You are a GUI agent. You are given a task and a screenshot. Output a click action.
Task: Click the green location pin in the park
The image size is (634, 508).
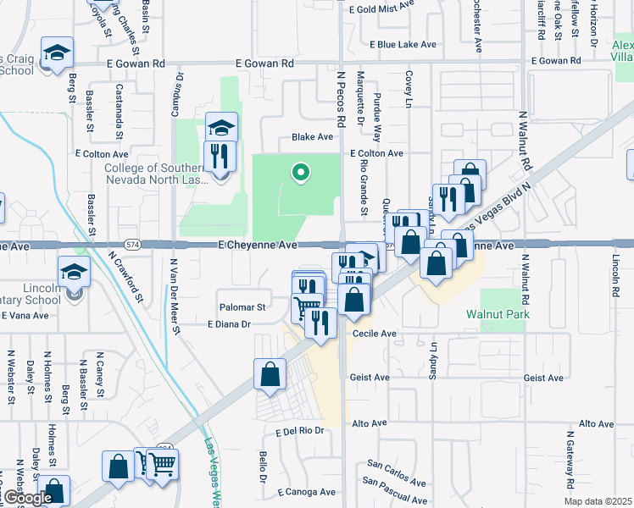pyautogui.click(x=299, y=173)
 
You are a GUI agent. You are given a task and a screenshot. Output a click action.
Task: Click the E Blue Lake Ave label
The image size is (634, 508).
pyautogui.click(x=403, y=45)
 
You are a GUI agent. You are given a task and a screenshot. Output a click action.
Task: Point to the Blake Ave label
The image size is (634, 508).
pyautogui.click(x=312, y=136)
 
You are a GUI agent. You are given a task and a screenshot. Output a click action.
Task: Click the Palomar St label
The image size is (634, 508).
pyautogui.click(x=244, y=306)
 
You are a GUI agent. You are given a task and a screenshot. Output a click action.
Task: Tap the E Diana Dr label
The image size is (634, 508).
pyautogui.click(x=230, y=324)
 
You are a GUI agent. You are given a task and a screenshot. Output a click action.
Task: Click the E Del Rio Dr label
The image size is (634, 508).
pyautogui.click(x=300, y=430)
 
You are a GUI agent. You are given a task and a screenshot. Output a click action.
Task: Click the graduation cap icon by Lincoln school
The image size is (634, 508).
pyautogui.click(x=74, y=273)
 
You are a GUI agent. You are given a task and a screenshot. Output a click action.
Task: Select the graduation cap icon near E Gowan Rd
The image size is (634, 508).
pyautogui.click(x=58, y=53)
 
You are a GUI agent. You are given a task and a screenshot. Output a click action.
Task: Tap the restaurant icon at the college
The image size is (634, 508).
pyautogui.click(x=220, y=156)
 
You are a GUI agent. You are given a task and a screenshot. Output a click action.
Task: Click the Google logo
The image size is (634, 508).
pyautogui.click(x=27, y=498)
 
